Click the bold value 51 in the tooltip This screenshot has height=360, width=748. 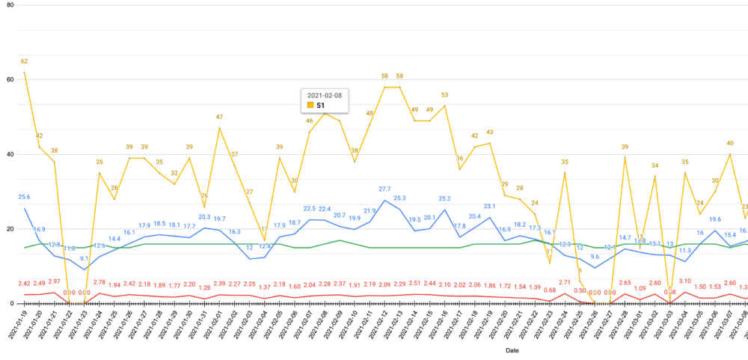(322, 106)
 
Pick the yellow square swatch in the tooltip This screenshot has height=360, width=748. (309, 106)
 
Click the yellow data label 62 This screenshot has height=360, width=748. (25, 61)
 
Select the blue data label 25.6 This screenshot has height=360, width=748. (25, 197)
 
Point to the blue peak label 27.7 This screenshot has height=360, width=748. (384, 189)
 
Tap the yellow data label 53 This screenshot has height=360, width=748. (444, 95)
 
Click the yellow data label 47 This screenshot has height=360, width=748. (220, 117)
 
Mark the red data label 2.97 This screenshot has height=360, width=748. (55, 281)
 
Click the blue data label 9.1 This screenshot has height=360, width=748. (85, 259)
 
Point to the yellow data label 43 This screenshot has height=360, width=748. (490, 132)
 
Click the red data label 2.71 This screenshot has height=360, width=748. (565, 282)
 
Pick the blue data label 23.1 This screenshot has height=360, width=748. (490, 206)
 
